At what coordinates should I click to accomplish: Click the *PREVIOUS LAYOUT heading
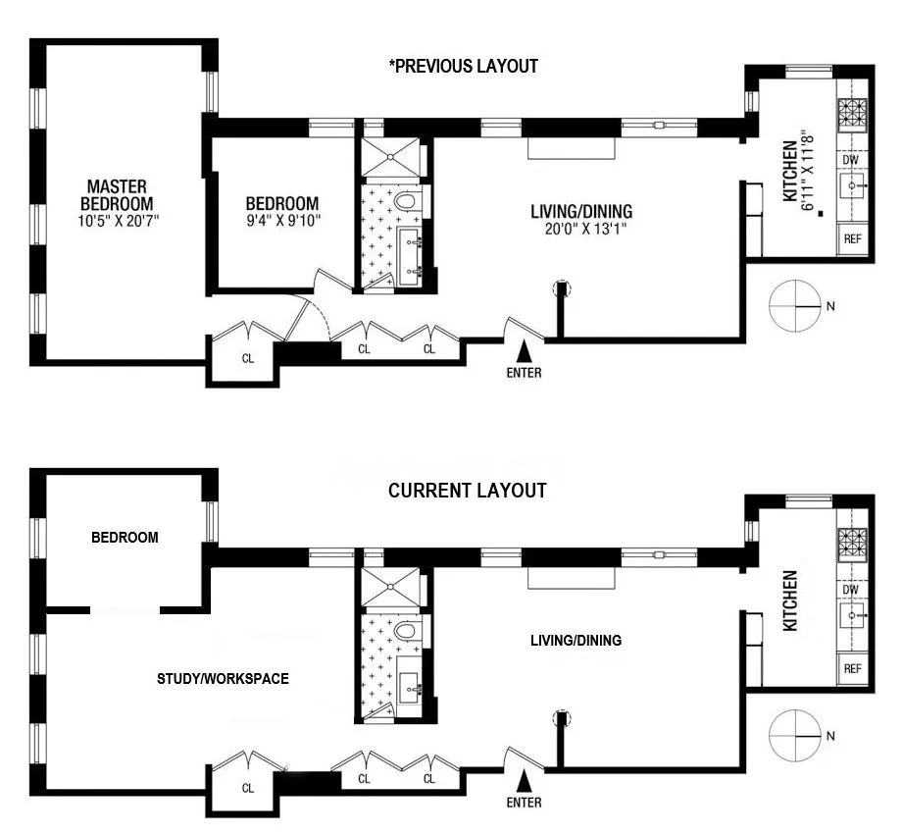pyautogui.click(x=464, y=67)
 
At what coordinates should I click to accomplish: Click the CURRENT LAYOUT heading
pyautogui.click(x=467, y=491)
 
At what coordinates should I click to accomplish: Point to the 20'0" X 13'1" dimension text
pyautogui.click(x=580, y=229)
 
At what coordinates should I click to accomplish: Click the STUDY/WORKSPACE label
pyautogui.click(x=223, y=678)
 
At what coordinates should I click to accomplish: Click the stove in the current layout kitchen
pyautogui.click(x=852, y=541)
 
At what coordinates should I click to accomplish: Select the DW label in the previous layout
pyautogui.click(x=850, y=159)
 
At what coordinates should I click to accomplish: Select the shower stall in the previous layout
pyautogui.click(x=390, y=156)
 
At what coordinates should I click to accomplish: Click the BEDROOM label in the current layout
pyautogui.click(x=125, y=538)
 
